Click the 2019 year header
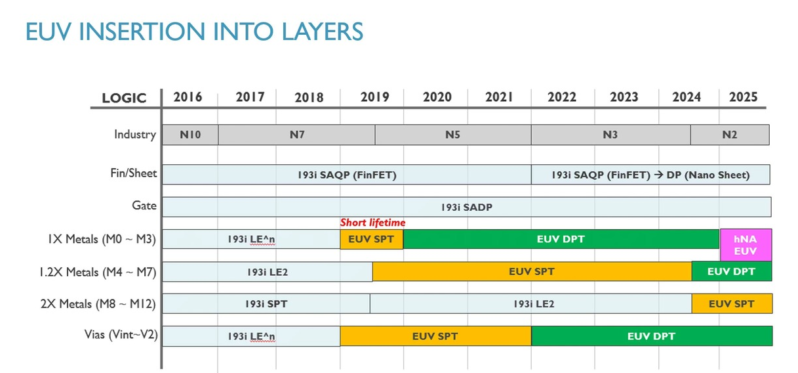point(374,97)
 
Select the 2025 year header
point(743,97)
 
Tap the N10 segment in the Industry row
point(190,135)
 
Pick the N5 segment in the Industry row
point(453,135)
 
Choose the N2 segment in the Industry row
point(730,135)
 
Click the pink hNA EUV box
point(746,245)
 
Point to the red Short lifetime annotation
point(372,223)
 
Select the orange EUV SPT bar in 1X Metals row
point(372,239)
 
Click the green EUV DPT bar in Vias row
point(652,336)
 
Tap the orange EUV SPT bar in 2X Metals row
point(732,304)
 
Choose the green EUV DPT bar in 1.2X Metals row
point(732,271)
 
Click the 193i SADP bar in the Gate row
point(467,207)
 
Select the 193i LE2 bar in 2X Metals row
point(531,304)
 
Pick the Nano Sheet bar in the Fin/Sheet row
point(650,175)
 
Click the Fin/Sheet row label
point(134,173)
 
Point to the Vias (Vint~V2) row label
point(121,335)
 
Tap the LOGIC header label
point(124,98)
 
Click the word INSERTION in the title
point(142,32)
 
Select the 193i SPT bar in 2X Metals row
point(266,304)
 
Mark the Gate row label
point(144,206)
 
